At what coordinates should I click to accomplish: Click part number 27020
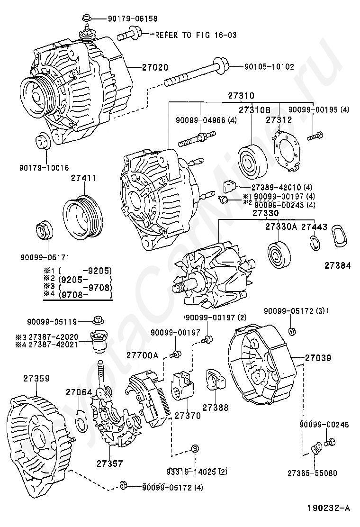155,67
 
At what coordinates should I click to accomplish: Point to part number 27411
84,179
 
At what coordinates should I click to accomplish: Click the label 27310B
254,110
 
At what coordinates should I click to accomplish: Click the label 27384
338,266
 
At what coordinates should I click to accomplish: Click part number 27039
317,358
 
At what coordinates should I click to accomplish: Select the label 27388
215,407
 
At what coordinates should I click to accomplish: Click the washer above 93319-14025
195,448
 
